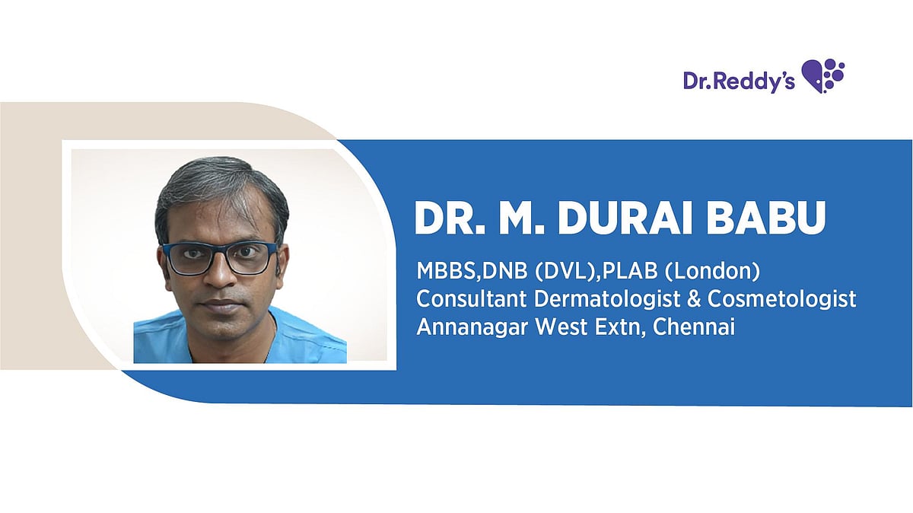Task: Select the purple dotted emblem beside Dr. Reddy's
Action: click(x=822, y=76)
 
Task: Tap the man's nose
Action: click(x=219, y=278)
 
